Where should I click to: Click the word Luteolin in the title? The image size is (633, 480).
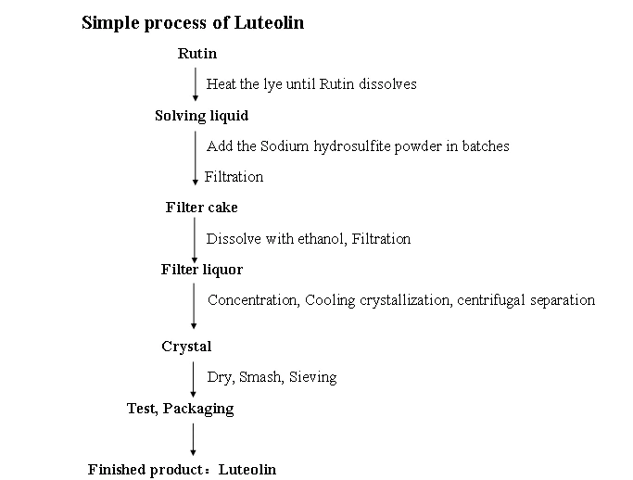coord(269,22)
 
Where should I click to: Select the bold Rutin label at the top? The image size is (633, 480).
coord(197,54)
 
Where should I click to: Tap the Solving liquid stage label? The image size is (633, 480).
coord(201,116)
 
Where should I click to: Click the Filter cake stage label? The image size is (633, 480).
coord(201,207)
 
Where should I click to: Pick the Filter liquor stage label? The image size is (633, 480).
coord(202,270)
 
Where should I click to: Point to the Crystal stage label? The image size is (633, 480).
coord(186,347)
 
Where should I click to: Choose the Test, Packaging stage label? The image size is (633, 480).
coord(180,409)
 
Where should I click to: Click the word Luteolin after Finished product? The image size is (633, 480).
coord(247,470)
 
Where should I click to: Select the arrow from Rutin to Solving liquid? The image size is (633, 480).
coord(196,84)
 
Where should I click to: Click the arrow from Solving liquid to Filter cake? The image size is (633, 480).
coord(196,158)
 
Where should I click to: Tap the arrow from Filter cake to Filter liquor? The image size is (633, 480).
coord(195,240)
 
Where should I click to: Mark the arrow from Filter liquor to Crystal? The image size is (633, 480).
coord(194,306)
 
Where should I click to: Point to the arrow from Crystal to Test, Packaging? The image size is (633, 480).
coord(193,379)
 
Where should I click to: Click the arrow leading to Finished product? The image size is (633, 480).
coord(193,439)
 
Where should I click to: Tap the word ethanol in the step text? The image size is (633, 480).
coord(322,239)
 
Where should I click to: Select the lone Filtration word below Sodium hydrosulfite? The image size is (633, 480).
coord(234,177)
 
